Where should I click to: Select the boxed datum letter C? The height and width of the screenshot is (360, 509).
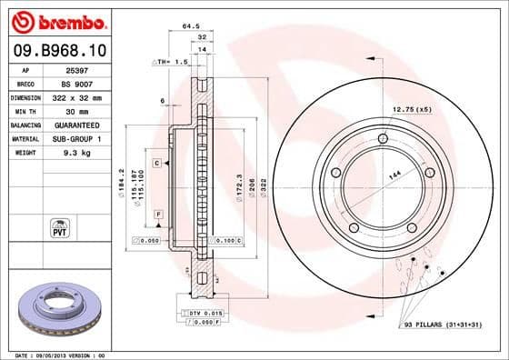[x=157, y=163]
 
